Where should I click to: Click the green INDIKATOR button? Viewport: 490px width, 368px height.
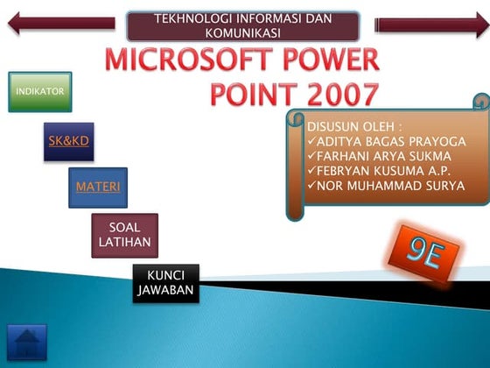[39, 91]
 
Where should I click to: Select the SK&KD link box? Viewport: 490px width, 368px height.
[69, 140]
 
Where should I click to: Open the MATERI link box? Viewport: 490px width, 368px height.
[98, 187]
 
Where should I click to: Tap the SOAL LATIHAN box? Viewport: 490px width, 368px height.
[125, 235]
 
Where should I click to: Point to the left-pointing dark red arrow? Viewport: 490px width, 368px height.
[60, 24]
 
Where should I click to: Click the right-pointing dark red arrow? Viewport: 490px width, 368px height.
[431, 25]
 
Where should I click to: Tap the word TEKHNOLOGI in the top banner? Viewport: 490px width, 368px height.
[192, 17]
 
